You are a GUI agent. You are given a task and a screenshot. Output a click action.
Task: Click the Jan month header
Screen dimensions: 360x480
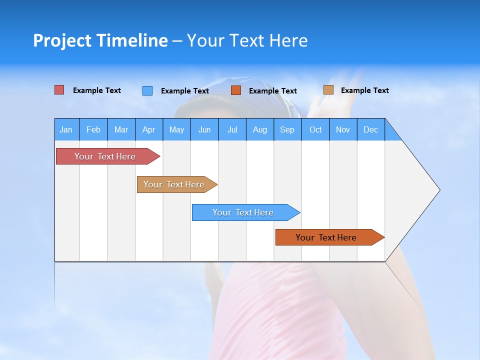(66, 129)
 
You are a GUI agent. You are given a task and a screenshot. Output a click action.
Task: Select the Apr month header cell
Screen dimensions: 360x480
(149, 129)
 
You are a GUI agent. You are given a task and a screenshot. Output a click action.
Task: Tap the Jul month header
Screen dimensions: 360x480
(232, 129)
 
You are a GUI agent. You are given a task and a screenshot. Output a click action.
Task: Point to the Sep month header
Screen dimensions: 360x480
(287, 129)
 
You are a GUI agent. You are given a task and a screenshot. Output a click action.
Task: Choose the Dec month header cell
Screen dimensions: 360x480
(370, 129)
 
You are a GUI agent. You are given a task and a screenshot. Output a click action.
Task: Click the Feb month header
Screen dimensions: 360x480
(93, 129)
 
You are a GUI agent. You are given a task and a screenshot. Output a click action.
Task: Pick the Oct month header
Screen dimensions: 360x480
(315, 129)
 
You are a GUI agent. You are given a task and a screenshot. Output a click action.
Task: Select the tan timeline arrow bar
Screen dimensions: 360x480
(175, 184)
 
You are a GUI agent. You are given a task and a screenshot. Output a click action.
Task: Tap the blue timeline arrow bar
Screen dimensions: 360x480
(244, 212)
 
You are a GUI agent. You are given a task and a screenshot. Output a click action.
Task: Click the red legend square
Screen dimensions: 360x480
(59, 90)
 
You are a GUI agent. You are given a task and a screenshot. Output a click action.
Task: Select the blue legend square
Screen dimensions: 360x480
(147, 90)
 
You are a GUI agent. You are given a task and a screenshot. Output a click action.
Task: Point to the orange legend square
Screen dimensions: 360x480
(236, 90)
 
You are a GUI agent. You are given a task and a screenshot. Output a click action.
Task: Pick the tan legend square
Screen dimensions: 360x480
(328, 90)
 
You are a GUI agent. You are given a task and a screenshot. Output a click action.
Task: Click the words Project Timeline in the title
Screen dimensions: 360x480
(100, 40)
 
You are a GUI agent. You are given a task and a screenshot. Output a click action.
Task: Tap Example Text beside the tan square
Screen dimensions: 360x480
(364, 90)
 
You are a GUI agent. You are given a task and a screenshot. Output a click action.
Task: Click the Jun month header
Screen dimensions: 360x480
(204, 129)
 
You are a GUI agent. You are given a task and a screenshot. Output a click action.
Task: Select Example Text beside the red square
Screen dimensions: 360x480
(97, 90)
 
